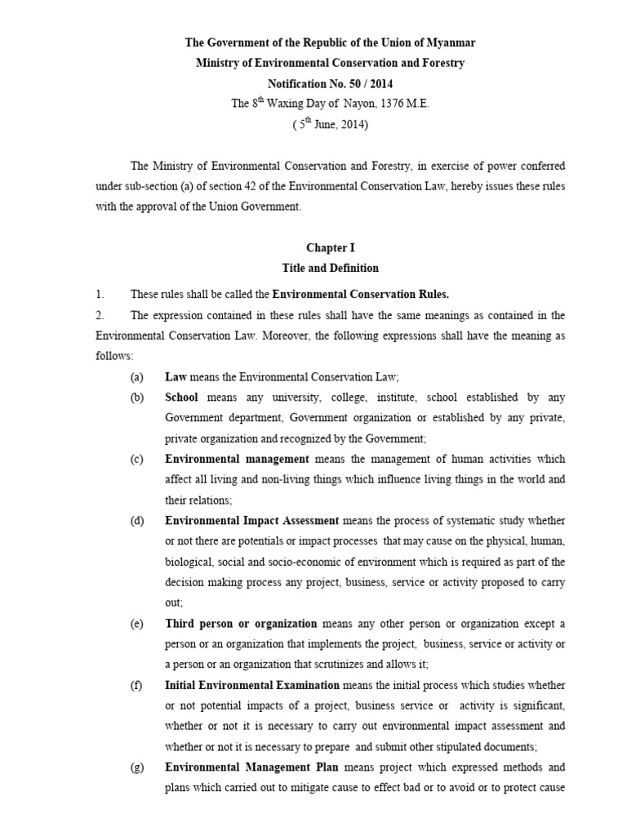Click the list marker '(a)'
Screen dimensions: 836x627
tap(136, 376)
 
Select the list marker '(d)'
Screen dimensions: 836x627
tap(136, 521)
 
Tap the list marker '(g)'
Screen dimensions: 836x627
tap(136, 767)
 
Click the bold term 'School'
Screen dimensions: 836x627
tap(182, 398)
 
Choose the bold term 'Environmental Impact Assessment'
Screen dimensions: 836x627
tap(251, 521)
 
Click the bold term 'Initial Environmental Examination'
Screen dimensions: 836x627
tap(252, 685)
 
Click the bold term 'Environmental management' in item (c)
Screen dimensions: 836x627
tap(237, 459)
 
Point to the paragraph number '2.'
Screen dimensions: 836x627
tap(100, 315)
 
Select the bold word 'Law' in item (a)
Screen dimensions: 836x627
tap(176, 376)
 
